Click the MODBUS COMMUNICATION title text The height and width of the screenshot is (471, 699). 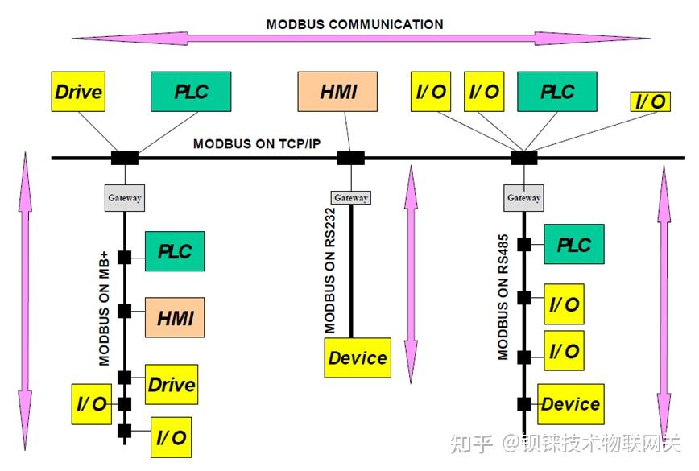tap(354, 24)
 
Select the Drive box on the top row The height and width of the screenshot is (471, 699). tap(78, 91)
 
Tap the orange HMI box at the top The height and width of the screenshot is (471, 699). tap(338, 91)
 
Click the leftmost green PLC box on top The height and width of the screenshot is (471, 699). tap(191, 91)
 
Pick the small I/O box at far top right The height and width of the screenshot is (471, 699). tap(650, 101)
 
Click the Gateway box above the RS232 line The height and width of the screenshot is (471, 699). tap(350, 197)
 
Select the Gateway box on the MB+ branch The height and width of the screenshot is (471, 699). tap(125, 198)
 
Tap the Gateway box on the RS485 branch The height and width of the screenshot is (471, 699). tap(523, 197)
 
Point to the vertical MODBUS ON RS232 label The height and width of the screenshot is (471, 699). tap(330, 270)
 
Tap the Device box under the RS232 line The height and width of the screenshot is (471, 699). tap(358, 357)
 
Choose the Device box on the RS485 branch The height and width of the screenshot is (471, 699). tap(570, 404)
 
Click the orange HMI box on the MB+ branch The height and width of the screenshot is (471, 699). tap(175, 317)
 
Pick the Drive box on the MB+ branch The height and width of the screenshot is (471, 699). tap(172, 384)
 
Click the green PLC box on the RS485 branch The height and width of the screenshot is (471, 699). tap(573, 244)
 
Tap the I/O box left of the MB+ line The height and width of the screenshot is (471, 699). tap(91, 404)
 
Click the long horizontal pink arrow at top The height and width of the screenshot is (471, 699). tap(360, 38)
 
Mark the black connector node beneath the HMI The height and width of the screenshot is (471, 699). tap(349, 159)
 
